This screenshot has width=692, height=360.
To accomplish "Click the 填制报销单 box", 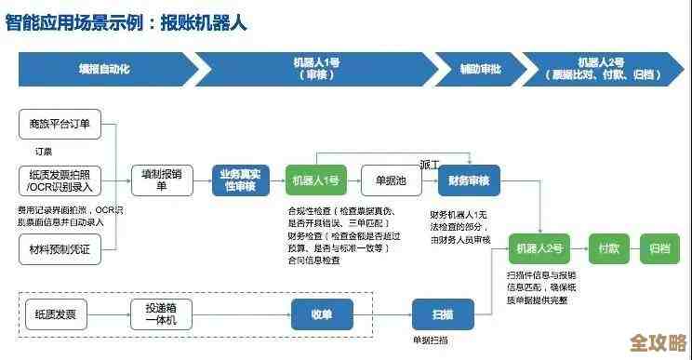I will [161, 180].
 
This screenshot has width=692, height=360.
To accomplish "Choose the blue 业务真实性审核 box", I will [239, 180].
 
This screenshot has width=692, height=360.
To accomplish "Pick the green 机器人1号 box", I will [314, 180].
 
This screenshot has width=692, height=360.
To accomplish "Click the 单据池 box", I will [391, 180].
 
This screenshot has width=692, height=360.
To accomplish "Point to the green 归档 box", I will [659, 248].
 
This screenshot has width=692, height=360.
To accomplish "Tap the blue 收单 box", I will [322, 313].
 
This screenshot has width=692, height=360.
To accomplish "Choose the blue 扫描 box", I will [443, 313].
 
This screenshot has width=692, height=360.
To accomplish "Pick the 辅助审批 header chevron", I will [480, 69].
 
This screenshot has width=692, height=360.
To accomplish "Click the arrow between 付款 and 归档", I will [636, 248].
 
